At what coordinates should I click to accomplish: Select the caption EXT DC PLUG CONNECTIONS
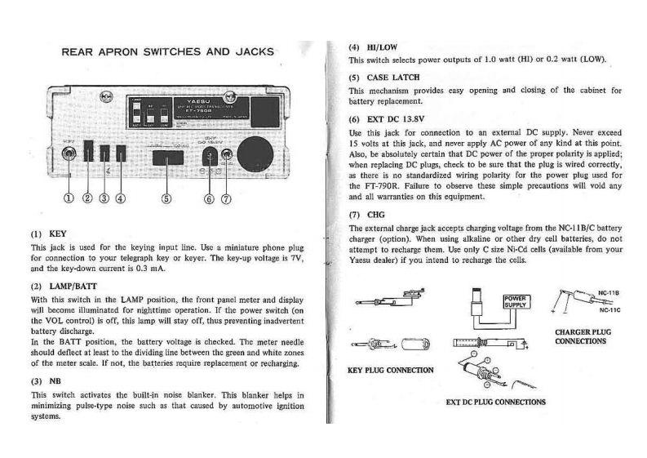pos(496,402)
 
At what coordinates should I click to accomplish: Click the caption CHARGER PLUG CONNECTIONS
pos(580,336)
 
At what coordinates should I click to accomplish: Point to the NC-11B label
pos(609,291)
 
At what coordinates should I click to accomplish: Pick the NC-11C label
pos(609,309)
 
